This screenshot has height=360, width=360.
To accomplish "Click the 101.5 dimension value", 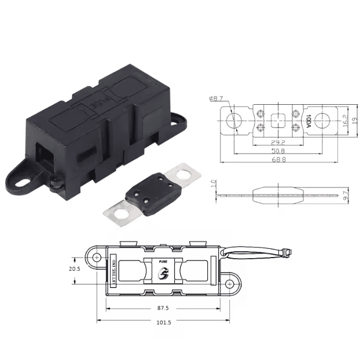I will pos(163,322).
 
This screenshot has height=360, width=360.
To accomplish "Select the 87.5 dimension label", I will pos(163,308).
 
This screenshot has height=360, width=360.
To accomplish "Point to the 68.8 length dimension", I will pos(278,162).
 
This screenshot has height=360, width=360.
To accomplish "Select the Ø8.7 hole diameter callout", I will pos(216,99).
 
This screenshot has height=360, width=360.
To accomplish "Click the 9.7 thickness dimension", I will pos(345,196).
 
